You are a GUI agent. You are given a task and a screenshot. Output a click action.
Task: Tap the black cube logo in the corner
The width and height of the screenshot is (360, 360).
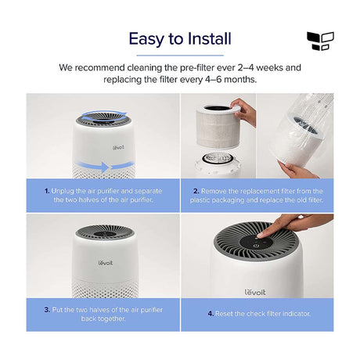(x=320, y=41)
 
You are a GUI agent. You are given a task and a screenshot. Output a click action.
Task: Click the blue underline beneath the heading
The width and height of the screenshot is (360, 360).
(x=180, y=56)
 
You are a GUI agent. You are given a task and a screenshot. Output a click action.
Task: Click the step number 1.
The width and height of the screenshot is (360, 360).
(x=47, y=191)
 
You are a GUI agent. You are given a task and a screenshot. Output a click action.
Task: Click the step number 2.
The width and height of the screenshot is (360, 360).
(x=196, y=191)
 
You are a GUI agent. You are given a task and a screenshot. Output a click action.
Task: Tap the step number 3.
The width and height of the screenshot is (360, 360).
(x=47, y=310)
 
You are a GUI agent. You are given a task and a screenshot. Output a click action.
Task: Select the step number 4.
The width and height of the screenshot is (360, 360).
(x=211, y=314)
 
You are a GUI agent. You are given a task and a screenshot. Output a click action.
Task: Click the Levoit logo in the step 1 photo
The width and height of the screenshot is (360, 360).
(x=118, y=147)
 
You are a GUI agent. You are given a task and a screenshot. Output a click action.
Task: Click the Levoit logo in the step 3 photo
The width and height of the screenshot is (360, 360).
(x=106, y=262)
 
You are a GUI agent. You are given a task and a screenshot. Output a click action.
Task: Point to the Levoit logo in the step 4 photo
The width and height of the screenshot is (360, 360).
(x=255, y=292)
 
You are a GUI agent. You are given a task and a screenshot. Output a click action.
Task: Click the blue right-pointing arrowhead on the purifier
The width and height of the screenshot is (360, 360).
(x=105, y=167)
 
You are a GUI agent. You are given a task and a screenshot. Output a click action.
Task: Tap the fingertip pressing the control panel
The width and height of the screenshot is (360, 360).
(x=261, y=236)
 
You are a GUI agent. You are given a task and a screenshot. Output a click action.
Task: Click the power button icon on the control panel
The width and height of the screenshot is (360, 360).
(x=255, y=246)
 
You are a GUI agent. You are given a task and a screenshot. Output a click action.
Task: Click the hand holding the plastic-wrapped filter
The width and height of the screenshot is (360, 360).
(x=297, y=170)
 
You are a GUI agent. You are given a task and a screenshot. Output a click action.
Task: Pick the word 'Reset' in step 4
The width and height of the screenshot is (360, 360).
(x=224, y=314)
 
